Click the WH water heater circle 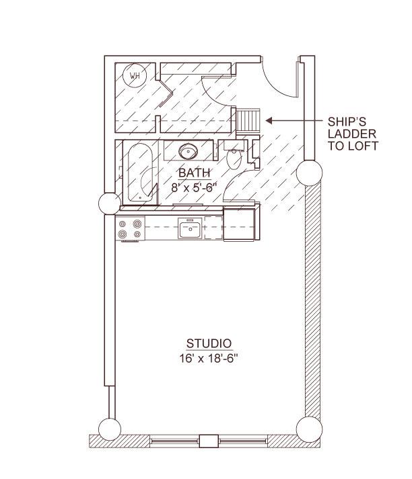(x=135, y=75)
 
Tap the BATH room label (x=195, y=173)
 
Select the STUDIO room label (x=209, y=344)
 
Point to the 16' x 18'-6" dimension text (x=209, y=358)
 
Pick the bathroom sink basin (x=188, y=151)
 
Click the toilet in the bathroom (x=234, y=156)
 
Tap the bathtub (x=140, y=173)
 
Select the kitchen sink (x=190, y=228)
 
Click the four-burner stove (x=130, y=229)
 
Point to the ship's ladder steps (x=248, y=120)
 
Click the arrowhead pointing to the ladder (x=269, y=121)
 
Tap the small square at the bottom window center (x=209, y=441)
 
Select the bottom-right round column (x=310, y=429)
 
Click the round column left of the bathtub (x=110, y=203)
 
